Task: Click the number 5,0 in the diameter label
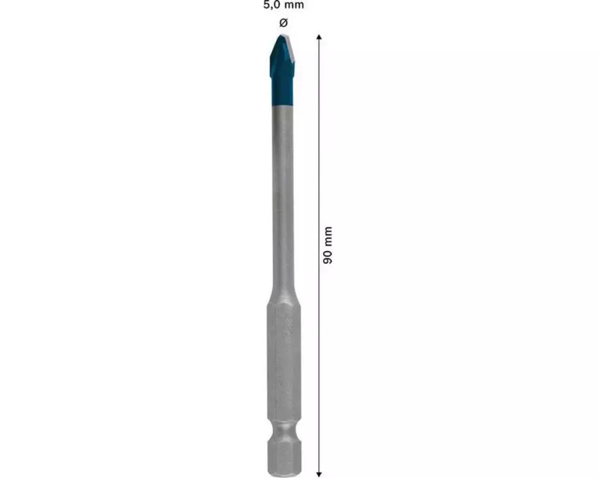point(272,5)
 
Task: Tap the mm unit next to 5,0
point(294,5)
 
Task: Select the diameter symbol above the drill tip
point(283,23)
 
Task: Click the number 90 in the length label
point(328,256)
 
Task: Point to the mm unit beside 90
point(328,236)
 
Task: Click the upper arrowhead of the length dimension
point(319,37)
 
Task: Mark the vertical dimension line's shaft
point(319,256)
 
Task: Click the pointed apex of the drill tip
point(281,35)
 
